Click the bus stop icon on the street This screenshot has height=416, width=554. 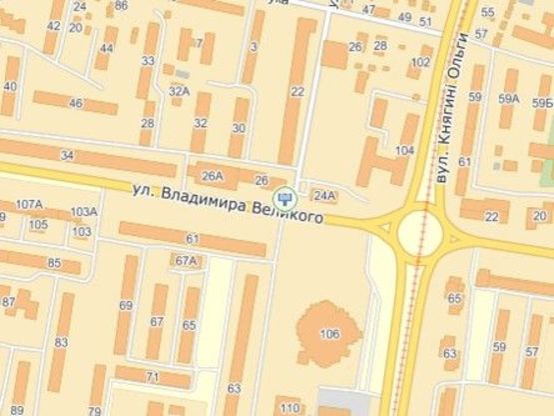pyautogui.click(x=284, y=196)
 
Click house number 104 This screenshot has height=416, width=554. pyautogui.click(x=404, y=150)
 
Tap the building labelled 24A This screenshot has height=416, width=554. pyautogui.click(x=323, y=195)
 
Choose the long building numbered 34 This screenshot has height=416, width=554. pyautogui.click(x=67, y=155)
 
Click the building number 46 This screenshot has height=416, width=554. pyautogui.click(x=75, y=102)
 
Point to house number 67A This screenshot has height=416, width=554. pyautogui.click(x=186, y=261)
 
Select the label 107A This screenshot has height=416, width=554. pyautogui.click(x=29, y=205)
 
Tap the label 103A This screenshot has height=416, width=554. pyautogui.click(x=84, y=211)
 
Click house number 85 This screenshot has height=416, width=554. pyautogui.click(x=55, y=264)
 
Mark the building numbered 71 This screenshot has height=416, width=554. pyautogui.click(x=152, y=377)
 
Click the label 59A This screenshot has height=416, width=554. pyautogui.click(x=509, y=98)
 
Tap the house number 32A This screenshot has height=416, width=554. pyautogui.click(x=179, y=91)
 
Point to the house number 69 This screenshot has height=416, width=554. pyautogui.click(x=126, y=305)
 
